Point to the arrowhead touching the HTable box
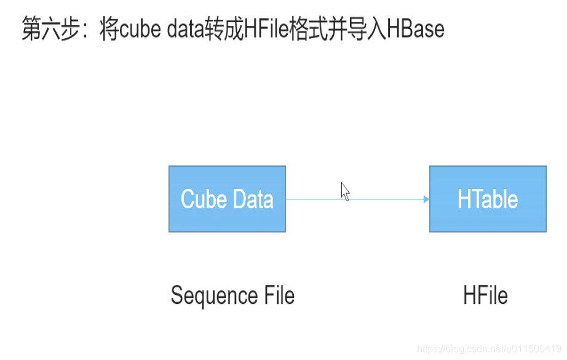(x=426, y=199)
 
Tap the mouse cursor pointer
(x=345, y=191)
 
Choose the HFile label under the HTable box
(x=485, y=295)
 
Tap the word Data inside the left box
(x=251, y=199)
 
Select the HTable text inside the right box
(x=488, y=199)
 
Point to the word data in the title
(x=184, y=30)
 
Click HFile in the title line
(x=266, y=30)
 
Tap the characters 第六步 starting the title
(x=52, y=30)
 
